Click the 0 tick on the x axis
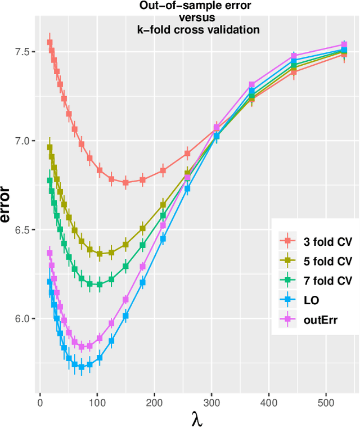[39, 403]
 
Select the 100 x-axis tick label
[97, 403]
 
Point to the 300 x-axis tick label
[211, 403]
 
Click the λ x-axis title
[197, 419]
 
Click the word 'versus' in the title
[199, 18]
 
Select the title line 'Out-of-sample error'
[199, 7]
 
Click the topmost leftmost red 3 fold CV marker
[49, 42]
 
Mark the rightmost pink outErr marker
[344, 45]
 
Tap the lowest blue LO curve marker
[81, 367]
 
